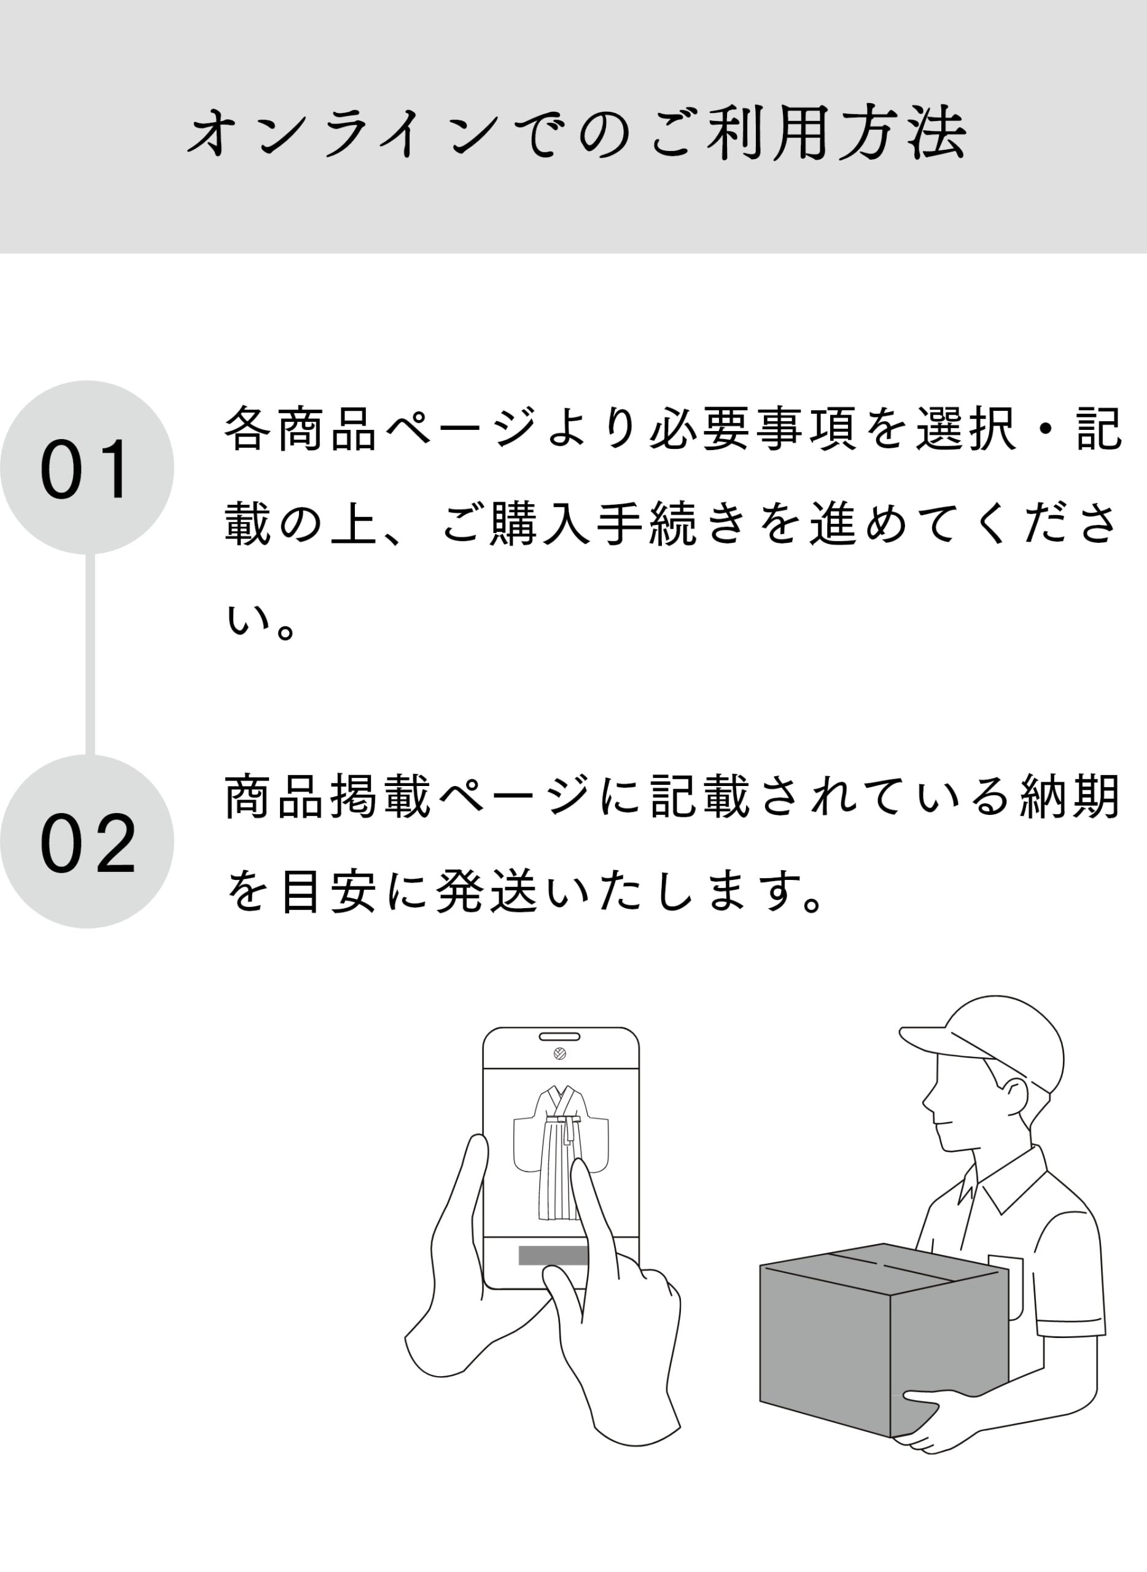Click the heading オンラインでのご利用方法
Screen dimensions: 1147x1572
click(577, 133)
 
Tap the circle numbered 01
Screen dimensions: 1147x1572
click(87, 467)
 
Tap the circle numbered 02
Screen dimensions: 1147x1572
click(87, 841)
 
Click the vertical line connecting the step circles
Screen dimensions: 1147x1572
click(90, 654)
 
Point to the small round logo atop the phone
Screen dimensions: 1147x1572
click(559, 1053)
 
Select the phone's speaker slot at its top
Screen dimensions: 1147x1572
click(559, 1037)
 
